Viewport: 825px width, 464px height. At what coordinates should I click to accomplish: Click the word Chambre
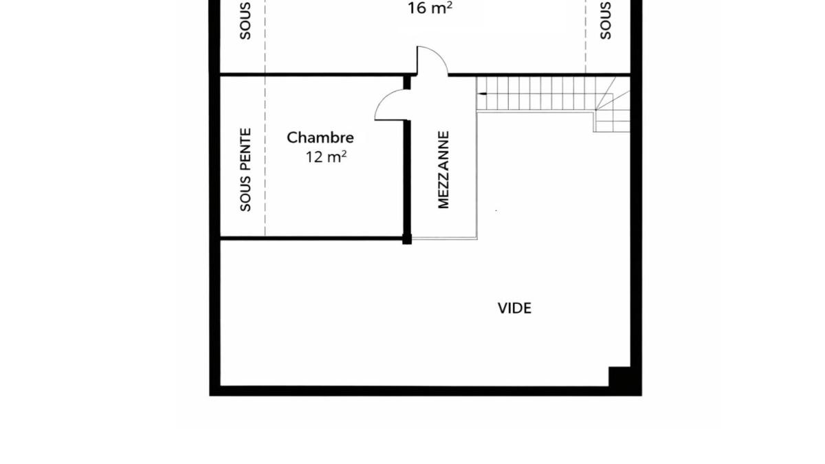320,137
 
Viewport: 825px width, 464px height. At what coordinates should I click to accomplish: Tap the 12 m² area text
326,157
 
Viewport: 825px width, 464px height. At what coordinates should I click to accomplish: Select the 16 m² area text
430,8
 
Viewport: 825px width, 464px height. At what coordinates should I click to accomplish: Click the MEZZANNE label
444,170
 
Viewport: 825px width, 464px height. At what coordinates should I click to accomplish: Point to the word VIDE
514,308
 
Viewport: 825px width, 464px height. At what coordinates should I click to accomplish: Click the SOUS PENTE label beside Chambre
245,170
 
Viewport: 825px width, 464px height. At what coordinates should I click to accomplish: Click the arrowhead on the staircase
482,94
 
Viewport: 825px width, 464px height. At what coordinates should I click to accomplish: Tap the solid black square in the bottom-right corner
619,377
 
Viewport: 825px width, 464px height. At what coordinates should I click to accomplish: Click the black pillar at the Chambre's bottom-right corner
407,239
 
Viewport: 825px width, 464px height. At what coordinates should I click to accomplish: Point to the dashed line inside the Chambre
265,156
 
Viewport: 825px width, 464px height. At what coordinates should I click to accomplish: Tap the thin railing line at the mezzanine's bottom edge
445,239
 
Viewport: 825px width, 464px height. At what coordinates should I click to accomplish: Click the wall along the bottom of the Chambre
311,239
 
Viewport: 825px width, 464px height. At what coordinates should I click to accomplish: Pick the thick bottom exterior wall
426,391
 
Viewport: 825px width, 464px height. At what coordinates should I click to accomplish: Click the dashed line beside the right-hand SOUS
586,36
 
